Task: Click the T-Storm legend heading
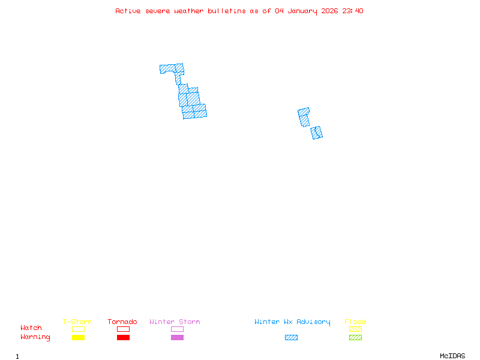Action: (x=77, y=322)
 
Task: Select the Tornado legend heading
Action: (x=122, y=322)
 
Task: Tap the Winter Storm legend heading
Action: (x=175, y=322)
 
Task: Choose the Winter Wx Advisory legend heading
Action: (x=292, y=322)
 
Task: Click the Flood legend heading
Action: (x=355, y=322)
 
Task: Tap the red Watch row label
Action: (x=31, y=328)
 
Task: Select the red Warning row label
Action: (x=35, y=337)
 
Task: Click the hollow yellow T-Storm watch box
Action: (x=78, y=329)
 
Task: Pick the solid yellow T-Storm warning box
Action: (x=78, y=338)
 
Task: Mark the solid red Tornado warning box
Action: (x=123, y=338)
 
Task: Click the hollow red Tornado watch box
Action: (x=123, y=329)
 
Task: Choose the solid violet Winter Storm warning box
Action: (x=177, y=338)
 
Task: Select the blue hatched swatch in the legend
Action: (x=291, y=338)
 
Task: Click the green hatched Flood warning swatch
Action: (x=355, y=338)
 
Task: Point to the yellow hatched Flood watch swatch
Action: (x=355, y=329)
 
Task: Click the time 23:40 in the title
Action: (x=353, y=11)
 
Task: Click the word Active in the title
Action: (x=128, y=11)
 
